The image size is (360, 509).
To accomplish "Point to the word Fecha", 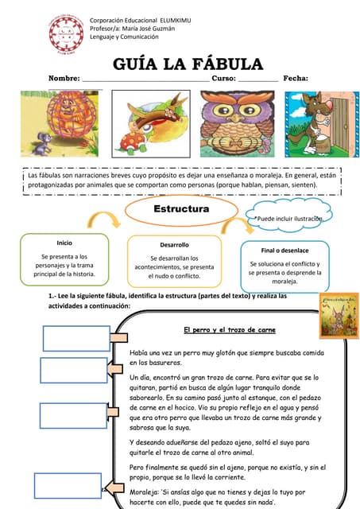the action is [x=295, y=79].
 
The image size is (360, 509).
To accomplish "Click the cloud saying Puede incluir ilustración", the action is [x=288, y=217].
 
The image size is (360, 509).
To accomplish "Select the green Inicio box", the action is [x=64, y=259].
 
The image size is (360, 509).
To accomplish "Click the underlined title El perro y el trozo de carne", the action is [x=229, y=329].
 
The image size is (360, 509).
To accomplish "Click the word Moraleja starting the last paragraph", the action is [x=145, y=492].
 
